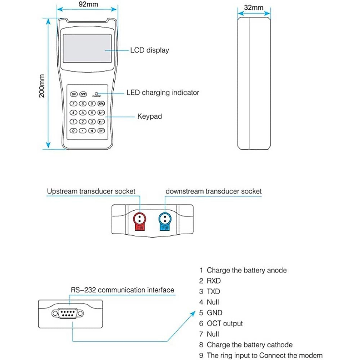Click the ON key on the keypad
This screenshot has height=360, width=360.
[73, 94]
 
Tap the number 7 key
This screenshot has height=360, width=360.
[73, 104]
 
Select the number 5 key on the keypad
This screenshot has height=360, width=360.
[82, 113]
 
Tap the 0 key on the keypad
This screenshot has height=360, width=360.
[73, 131]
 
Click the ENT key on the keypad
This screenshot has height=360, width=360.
[101, 131]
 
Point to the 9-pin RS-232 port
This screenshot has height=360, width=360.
[67, 314]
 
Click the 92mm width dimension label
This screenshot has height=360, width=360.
[88, 4]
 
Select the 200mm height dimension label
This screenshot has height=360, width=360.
[42, 86]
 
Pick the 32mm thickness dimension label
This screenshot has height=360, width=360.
[253, 7]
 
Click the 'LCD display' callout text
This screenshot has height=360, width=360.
[149, 50]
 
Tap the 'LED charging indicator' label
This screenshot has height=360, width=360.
[163, 93]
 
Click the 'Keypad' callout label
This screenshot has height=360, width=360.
[149, 116]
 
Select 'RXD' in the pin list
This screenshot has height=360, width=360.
[214, 281]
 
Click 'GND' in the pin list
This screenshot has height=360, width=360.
[214, 313]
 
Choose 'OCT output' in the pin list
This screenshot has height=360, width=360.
[225, 323]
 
